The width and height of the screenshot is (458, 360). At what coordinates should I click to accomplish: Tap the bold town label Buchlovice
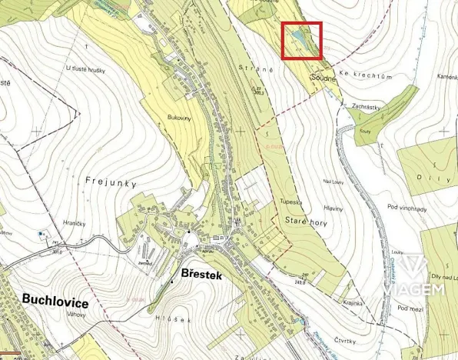pos(55,302)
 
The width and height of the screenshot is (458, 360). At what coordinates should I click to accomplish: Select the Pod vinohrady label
pos(407,208)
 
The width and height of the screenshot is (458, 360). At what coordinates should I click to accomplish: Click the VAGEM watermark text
pos(421,288)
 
